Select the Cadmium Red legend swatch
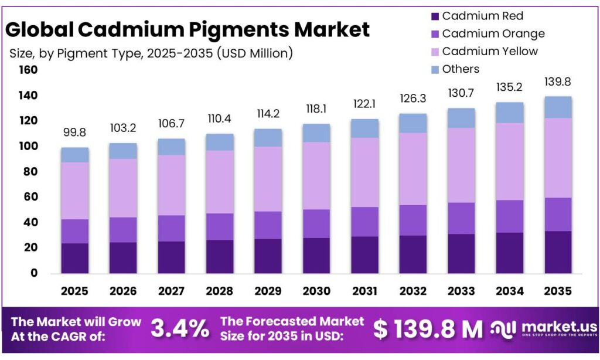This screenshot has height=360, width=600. click(x=434, y=16)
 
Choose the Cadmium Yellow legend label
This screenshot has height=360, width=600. click(x=490, y=51)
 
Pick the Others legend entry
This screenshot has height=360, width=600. click(x=461, y=69)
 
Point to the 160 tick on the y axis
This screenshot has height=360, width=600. click(x=28, y=70)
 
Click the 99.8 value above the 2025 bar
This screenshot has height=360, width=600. click(x=74, y=133)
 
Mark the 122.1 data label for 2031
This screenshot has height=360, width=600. click(x=365, y=104)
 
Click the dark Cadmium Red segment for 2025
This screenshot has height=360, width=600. click(x=74, y=258)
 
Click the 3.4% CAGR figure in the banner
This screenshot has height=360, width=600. click(x=180, y=329)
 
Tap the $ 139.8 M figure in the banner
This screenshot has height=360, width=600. click(x=428, y=329)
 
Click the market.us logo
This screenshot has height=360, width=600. click(x=544, y=328)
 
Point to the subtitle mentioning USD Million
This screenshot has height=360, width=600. click(x=151, y=53)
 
